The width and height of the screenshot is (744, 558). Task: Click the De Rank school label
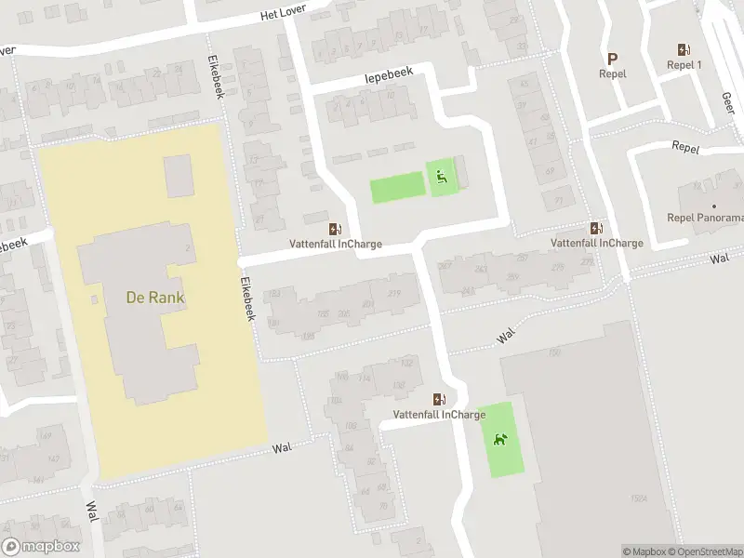155,299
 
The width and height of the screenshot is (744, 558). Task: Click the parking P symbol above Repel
612,58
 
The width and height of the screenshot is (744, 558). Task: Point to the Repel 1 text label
684,65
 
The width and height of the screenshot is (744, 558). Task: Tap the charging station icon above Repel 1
684,49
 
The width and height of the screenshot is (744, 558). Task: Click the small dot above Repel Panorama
714,206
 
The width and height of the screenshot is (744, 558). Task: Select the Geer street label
726,100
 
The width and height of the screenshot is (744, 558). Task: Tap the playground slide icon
443,177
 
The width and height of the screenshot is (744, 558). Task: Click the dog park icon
500,439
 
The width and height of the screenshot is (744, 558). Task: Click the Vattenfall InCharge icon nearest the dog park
438,399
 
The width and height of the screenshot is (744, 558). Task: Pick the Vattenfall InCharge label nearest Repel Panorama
596,243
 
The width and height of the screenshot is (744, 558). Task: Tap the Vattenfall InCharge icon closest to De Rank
334,229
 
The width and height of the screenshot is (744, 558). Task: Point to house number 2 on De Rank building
188,249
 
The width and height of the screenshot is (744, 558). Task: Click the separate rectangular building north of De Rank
179,176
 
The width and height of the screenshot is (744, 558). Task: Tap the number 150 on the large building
555,352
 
